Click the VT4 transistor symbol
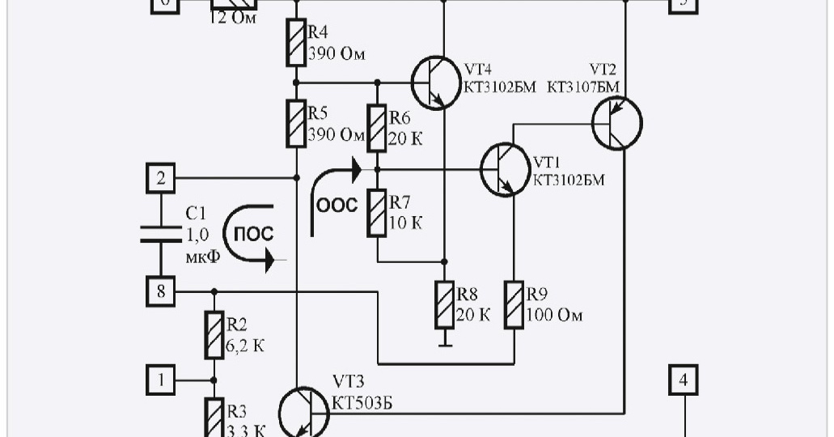tap(434, 82)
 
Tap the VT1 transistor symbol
tap(505, 169)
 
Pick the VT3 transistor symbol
tap(303, 412)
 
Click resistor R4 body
tap(296, 43)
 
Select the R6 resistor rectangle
tap(377, 128)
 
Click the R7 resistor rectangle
tap(377, 213)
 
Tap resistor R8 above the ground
tap(444, 304)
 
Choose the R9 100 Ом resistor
tap(514, 304)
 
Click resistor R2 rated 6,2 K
tap(214, 337)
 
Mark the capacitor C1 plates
tap(161, 234)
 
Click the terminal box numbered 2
tap(161, 178)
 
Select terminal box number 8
tap(161, 291)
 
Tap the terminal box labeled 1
tap(161, 379)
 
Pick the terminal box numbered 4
tap(684, 379)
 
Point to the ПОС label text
tap(253, 234)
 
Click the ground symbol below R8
tap(444, 344)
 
